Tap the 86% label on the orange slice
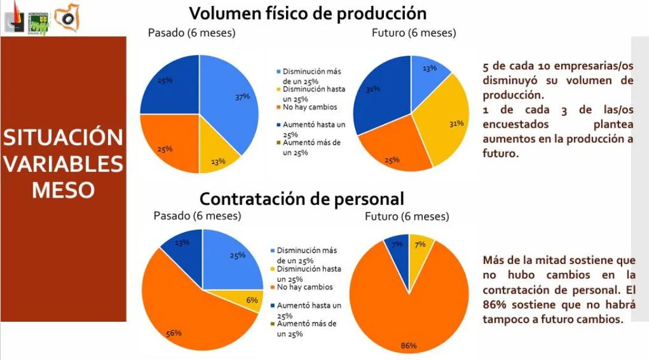point(408,346)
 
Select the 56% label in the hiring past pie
point(174,333)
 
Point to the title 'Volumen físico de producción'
point(307,13)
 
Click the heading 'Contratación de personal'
point(302,198)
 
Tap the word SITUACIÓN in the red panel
point(63,137)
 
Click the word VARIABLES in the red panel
point(63,164)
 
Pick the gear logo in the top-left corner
point(64,18)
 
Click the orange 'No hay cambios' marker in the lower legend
point(273,287)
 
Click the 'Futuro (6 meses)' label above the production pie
point(414,33)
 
